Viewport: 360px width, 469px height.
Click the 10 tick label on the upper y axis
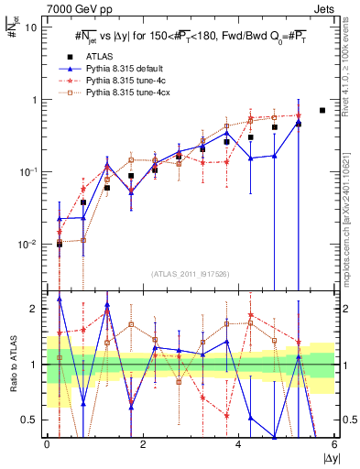coord(32,27)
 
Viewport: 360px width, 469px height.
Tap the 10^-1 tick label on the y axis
coord(28,172)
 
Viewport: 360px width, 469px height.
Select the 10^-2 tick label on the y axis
coord(28,245)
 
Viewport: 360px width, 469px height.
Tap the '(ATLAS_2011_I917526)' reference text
coord(190,274)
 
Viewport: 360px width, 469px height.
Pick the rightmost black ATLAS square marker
coord(322,110)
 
